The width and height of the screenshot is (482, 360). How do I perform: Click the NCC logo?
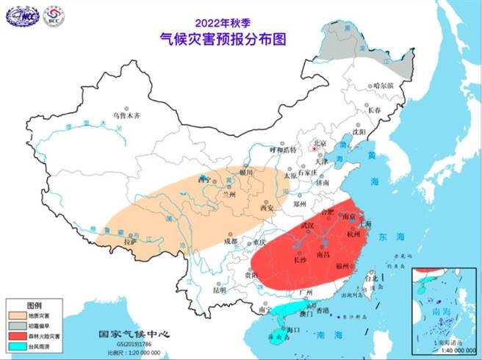[x=23, y=15]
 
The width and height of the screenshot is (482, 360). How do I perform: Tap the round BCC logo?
[x=54, y=15]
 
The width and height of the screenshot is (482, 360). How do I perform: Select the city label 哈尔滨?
[x=383, y=85]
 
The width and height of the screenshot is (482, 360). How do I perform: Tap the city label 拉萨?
[x=131, y=241]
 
